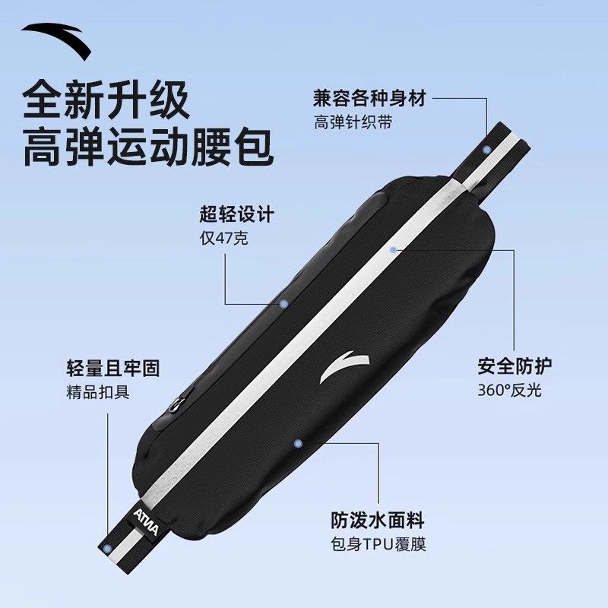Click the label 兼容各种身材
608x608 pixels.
369,98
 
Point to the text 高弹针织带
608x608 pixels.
353,122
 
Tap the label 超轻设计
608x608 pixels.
236,215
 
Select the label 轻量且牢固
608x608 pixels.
113,369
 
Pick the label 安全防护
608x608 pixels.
515,366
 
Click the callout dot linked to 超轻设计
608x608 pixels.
283,302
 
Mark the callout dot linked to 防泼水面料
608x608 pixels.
298,442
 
